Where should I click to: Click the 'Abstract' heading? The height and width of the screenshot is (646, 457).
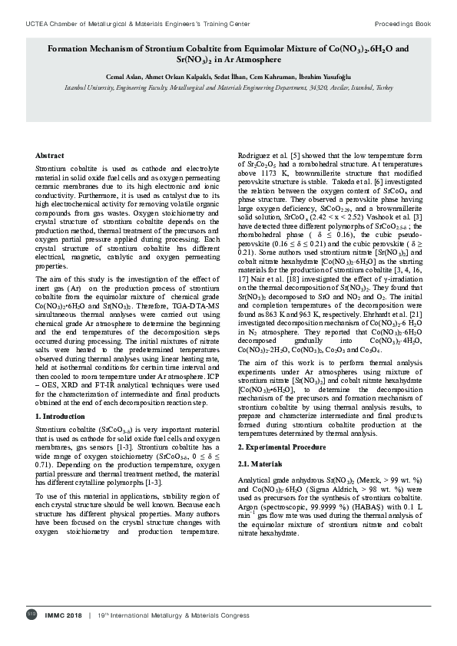coord(50,156)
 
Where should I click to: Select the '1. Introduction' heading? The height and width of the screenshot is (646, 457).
coord(61,416)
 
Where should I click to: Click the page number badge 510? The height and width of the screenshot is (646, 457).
coord(31,615)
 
